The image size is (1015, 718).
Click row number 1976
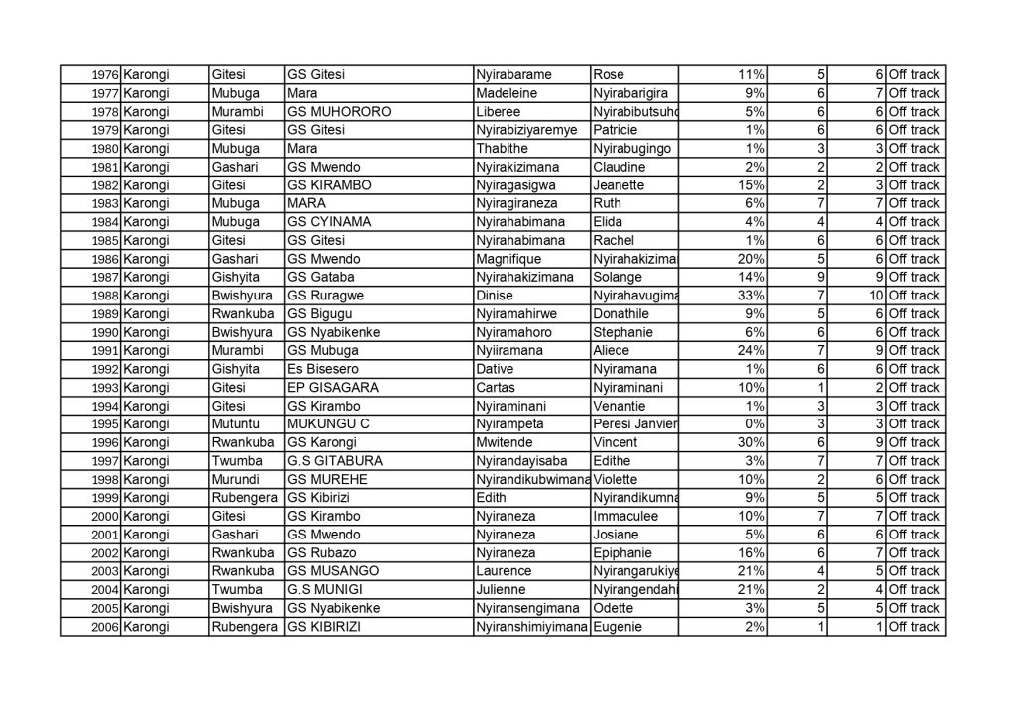click(x=105, y=75)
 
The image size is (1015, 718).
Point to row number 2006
click(x=105, y=627)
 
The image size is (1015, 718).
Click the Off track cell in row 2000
click(x=914, y=517)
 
